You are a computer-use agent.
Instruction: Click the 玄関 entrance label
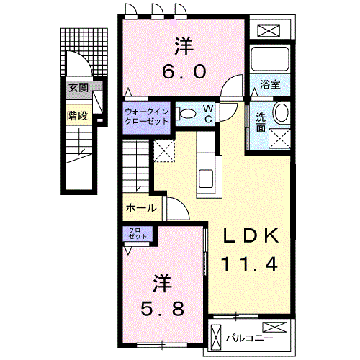pos(78,88)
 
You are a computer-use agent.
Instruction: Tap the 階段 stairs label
pos(77,116)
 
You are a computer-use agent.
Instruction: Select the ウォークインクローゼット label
pos(146,117)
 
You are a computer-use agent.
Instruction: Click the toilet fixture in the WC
pos(186,114)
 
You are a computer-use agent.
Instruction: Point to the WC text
pos(208,114)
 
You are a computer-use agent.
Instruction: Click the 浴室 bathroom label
pos(270,84)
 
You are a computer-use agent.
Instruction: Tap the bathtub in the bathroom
pos(270,58)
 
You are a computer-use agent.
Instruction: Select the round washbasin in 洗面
pos(282,112)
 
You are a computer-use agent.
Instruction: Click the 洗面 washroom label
pos(261,122)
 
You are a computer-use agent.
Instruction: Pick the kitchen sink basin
pos(206,179)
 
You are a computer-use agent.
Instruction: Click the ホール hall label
pos(141,208)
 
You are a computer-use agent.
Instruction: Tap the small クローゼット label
pos(138,233)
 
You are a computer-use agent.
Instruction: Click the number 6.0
pos(184,71)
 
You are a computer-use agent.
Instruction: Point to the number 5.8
pos(162,309)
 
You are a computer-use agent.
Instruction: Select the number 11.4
pos(250,264)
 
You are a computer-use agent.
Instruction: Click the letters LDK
pos(251,236)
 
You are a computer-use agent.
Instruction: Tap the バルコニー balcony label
pos(250,338)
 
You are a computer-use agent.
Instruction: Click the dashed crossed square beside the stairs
pos(164,150)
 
